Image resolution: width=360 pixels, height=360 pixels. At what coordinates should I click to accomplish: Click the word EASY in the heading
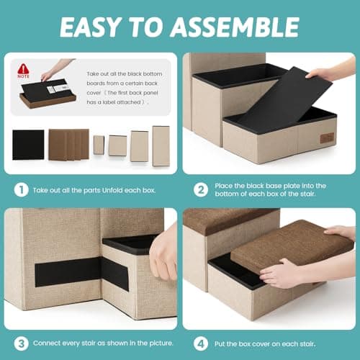[89, 27]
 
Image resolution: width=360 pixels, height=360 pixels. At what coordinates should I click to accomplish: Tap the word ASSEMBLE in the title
[235, 27]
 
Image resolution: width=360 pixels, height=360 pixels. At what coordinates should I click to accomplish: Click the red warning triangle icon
[23, 69]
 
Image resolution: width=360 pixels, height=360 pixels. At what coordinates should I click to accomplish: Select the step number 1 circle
[21, 190]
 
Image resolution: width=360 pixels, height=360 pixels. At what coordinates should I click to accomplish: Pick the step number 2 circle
[201, 190]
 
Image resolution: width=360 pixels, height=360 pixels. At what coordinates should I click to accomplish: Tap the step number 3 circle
[21, 343]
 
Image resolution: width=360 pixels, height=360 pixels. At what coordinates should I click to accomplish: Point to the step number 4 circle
[201, 343]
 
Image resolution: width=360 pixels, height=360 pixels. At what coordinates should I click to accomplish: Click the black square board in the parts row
[28, 145]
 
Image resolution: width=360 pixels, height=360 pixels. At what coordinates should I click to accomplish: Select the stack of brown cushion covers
[69, 145]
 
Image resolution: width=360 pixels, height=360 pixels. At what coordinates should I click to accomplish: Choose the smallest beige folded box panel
[99, 145]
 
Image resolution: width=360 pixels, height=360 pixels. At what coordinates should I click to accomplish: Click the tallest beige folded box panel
[161, 146]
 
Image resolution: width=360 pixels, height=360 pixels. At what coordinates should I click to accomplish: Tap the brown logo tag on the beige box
[327, 138]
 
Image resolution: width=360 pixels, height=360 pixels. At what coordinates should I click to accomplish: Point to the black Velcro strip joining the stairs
[81, 272]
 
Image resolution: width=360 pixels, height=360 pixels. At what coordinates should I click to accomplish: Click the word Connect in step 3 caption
[47, 343]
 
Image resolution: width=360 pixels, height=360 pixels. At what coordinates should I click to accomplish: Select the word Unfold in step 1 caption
[112, 190]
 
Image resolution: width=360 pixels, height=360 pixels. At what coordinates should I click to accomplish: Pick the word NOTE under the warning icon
[23, 76]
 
